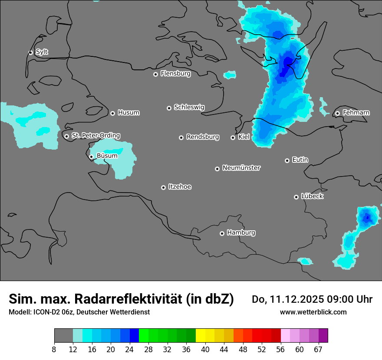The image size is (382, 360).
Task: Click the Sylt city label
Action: (x=42, y=52)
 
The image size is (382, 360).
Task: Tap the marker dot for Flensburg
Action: (x=155, y=74)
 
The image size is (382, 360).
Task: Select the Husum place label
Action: (x=128, y=113)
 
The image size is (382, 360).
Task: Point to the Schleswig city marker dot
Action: (x=169, y=108)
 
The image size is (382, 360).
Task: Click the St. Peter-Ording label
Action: (x=95, y=136)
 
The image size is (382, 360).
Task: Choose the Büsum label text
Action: (x=107, y=156)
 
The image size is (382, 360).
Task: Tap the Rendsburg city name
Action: (x=203, y=137)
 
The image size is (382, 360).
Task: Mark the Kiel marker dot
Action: (x=233, y=137)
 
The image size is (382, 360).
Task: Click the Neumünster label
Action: (x=241, y=168)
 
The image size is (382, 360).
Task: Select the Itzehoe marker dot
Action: (x=163, y=187)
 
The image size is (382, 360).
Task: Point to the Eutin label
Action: (x=300, y=160)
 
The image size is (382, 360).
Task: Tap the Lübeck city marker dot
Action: (x=296, y=197)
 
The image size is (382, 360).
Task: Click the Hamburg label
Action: (x=241, y=233)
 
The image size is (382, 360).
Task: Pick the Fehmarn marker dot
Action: (x=337, y=113)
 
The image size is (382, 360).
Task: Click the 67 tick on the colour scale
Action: (x=319, y=350)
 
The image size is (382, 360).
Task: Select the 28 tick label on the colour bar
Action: (x=148, y=350)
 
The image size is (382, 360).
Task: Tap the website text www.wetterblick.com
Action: (x=313, y=312)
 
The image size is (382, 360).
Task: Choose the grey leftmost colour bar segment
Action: (x=63, y=336)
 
